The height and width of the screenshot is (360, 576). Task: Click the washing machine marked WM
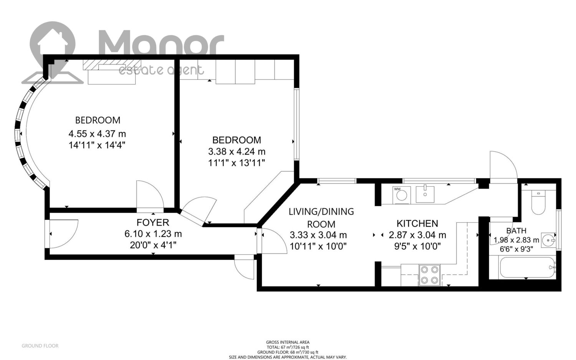coord(402,195)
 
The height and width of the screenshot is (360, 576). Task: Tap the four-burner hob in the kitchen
coord(429,275)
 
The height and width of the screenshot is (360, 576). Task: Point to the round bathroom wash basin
coord(548,241)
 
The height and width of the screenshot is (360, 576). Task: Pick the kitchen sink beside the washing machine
coord(425,194)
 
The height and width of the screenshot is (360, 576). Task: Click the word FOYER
coord(153,222)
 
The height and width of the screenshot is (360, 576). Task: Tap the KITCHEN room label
coord(417,224)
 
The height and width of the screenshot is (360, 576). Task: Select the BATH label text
coord(516,231)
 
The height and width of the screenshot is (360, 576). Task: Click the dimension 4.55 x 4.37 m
coord(97,134)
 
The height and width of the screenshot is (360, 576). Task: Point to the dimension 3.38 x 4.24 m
coord(237,151)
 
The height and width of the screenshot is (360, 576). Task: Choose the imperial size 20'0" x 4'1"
coord(153,245)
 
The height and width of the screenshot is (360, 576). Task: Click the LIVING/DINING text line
coord(321,212)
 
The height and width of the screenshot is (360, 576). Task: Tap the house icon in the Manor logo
coord(53,41)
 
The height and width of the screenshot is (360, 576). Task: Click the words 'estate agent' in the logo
coord(161,70)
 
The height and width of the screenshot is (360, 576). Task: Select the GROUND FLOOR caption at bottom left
coord(40,346)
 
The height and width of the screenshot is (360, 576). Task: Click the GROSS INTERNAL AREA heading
coord(288,342)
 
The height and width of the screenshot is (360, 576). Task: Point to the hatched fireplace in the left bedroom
coord(112,65)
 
